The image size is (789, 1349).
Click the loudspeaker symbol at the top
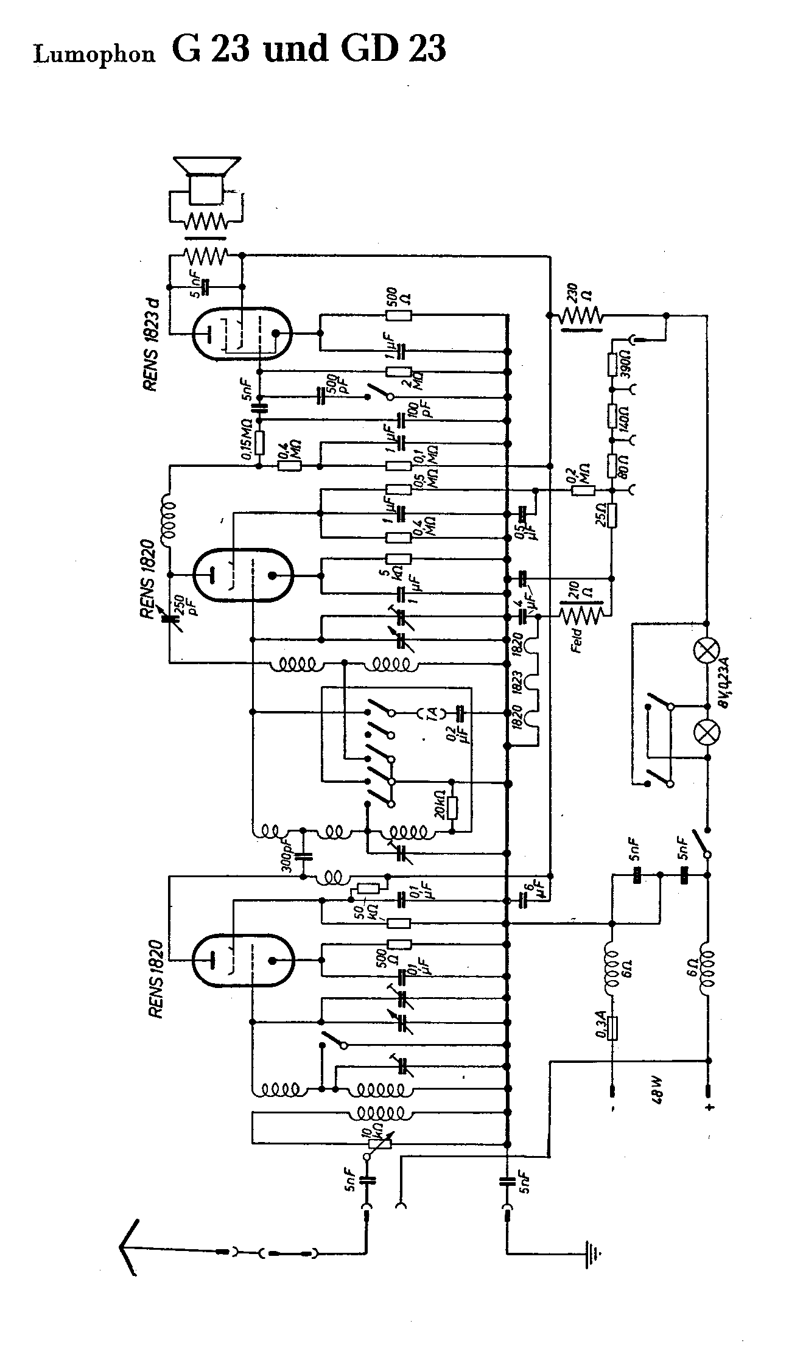(x=206, y=180)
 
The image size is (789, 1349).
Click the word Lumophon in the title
(x=94, y=55)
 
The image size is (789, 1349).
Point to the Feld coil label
(x=578, y=640)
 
